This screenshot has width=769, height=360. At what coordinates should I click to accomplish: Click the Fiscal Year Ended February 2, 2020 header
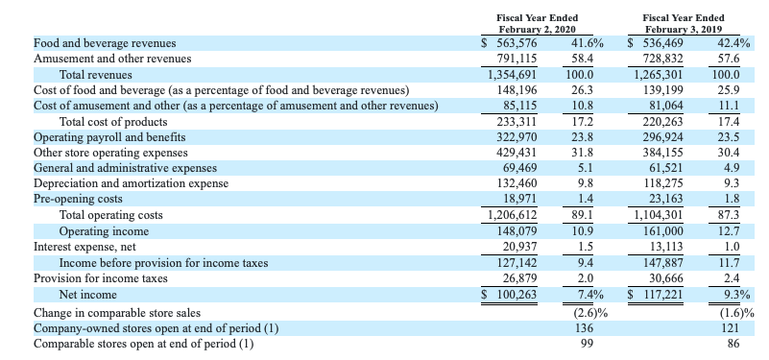coord(537,24)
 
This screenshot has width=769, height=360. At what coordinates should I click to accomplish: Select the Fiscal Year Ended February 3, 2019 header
coord(684,24)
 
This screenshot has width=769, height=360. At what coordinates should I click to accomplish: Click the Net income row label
coord(87,295)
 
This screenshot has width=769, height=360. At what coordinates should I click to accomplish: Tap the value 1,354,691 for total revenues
coord(512,75)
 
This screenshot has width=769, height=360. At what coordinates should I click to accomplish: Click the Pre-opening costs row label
coord(78,199)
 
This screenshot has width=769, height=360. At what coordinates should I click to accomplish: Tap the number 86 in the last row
coord(733,344)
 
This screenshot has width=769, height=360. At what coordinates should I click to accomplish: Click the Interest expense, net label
coord(84,247)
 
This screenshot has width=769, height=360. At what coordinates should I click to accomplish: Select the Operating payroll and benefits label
coord(109,137)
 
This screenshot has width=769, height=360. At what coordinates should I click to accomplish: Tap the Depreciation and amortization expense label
coord(131,184)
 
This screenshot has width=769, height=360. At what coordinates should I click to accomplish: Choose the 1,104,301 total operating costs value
coord(659,215)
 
